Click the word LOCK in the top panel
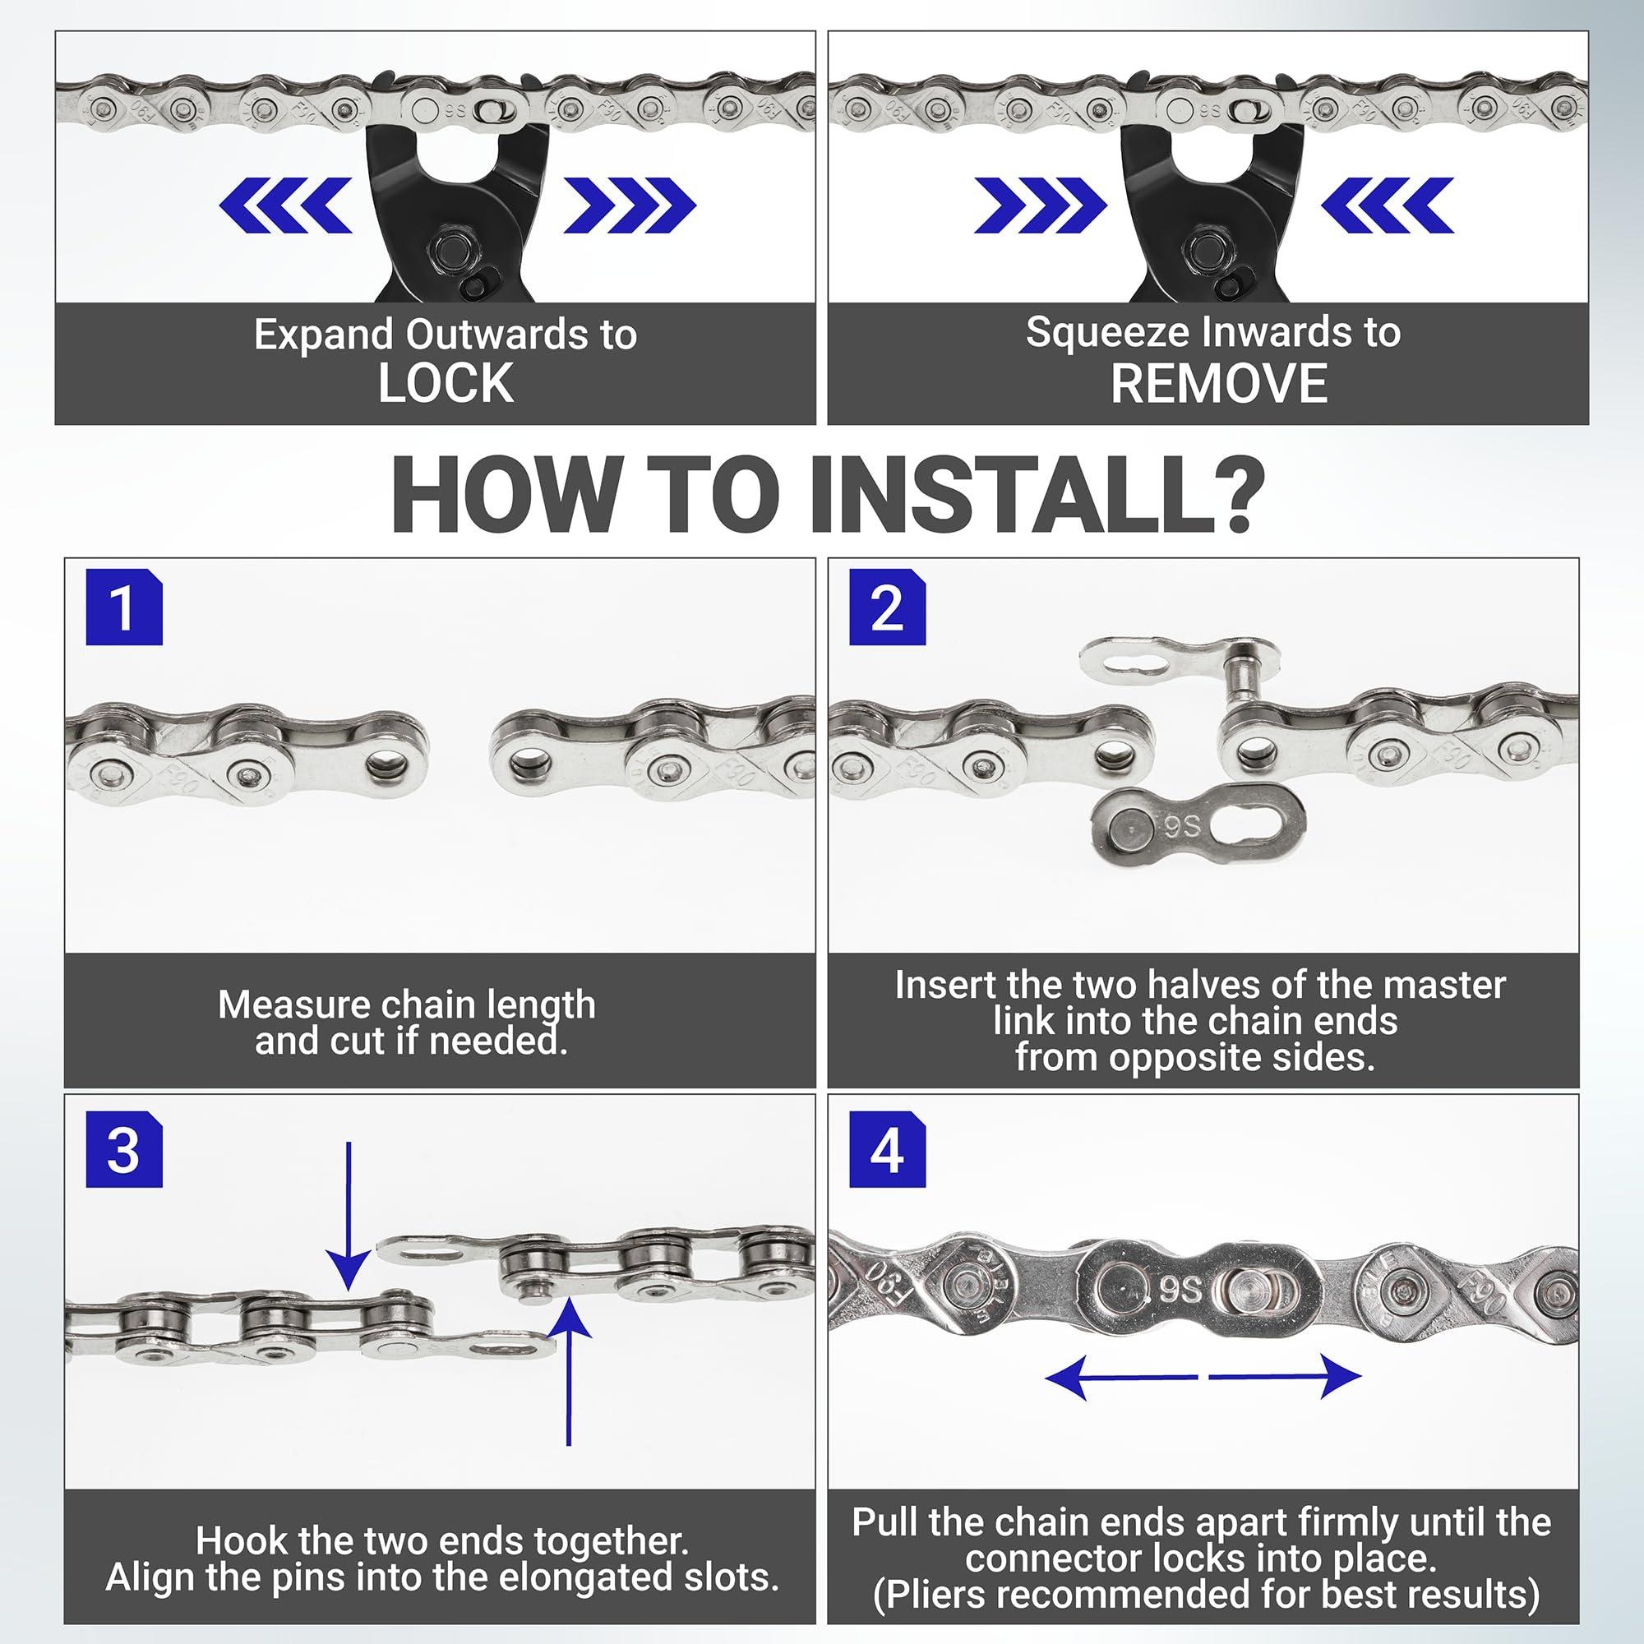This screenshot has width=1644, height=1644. click(446, 383)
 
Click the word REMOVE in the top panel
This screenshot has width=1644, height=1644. click(1218, 383)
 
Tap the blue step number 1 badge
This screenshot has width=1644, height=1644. click(124, 608)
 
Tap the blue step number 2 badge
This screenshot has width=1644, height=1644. click(888, 608)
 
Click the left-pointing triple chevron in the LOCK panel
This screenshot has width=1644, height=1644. click(285, 205)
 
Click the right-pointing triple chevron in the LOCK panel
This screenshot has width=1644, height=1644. click(630, 205)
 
